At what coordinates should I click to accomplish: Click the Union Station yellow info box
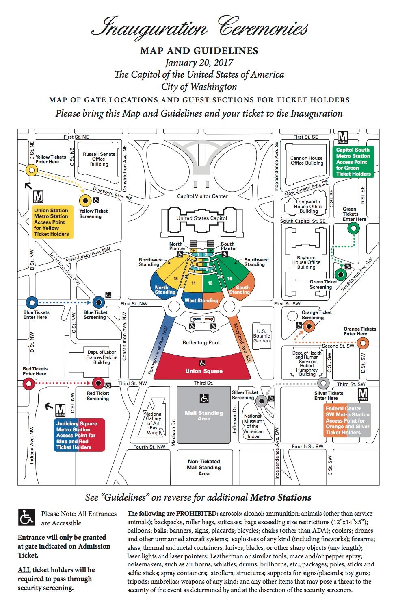coord(53,222)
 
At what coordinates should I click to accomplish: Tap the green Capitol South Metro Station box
coord(353,162)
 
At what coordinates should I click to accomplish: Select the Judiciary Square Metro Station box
coord(79,435)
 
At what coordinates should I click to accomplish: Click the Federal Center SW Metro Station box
coord(347,420)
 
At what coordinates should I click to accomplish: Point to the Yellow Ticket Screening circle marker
coord(85,201)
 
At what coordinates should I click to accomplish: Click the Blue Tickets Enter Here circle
coord(32,302)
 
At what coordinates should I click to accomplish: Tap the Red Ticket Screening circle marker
coord(98,383)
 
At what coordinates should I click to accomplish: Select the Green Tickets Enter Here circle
coord(354,228)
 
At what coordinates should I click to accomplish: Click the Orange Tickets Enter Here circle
coord(363,343)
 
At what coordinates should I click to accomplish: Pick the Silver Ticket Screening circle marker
coord(262,401)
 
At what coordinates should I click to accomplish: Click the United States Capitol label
coord(202,218)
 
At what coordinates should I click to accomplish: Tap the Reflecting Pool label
coord(201,342)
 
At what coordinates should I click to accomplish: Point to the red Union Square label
coord(204,371)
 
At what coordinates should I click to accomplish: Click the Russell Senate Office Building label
coord(99,159)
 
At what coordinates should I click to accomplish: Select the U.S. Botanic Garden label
coord(262,336)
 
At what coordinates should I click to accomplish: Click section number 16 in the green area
coord(230,279)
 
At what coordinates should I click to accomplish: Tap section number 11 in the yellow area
coord(193,283)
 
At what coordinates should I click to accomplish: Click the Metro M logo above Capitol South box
coord(342,138)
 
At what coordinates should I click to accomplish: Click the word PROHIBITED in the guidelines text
coord(197,514)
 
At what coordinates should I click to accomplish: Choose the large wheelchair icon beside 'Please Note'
coord(26,517)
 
